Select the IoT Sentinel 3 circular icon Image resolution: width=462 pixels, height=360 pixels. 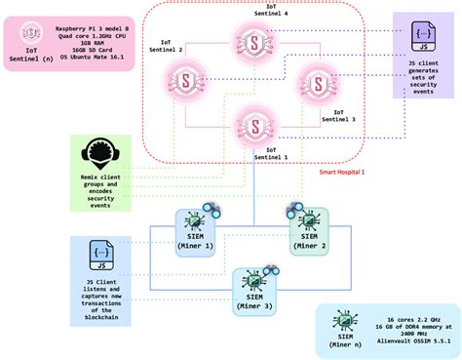point(315,81)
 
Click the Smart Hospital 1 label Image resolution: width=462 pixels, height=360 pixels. point(341,172)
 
